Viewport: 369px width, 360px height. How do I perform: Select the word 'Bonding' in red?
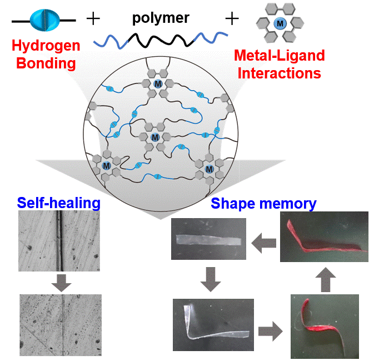coord(46,63)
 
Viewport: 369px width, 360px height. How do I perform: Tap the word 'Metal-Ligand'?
coord(280,55)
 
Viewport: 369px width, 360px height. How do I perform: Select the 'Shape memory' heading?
coord(263,204)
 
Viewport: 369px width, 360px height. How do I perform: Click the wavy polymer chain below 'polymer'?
coord(161,40)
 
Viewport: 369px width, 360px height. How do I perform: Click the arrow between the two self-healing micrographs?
coord(61,283)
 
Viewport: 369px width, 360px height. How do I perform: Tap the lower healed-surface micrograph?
coord(60,324)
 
